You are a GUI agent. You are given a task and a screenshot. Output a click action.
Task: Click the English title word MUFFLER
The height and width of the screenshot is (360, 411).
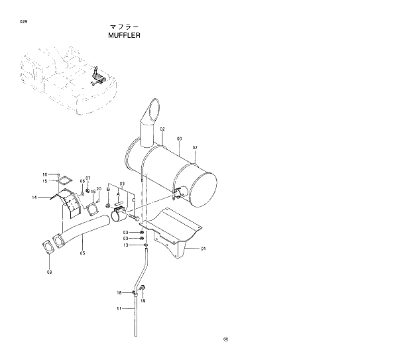pyautogui.click(x=124, y=36)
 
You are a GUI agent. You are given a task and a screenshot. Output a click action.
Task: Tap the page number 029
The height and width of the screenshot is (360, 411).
pyautogui.click(x=24, y=22)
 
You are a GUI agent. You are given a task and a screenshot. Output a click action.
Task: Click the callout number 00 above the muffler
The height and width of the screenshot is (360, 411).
pyautogui.click(x=179, y=139)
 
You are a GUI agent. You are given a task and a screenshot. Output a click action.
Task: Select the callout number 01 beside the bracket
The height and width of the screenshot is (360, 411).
pyautogui.click(x=204, y=249)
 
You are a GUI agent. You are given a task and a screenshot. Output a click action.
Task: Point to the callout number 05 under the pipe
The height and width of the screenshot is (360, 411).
pyautogui.click(x=82, y=252)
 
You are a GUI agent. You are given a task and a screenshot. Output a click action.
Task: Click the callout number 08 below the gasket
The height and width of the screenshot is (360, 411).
pyautogui.click(x=49, y=272)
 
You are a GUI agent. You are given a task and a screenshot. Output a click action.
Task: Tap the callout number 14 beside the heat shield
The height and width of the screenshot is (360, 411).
pyautogui.click(x=34, y=197)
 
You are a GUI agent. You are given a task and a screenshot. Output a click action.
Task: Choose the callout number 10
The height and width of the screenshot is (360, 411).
pyautogui.click(x=45, y=174)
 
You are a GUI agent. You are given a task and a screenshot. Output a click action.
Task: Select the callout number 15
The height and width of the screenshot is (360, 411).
pyautogui.click(x=45, y=181)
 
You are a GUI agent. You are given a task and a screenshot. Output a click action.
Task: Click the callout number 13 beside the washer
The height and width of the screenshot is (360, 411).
pyautogui.click(x=125, y=245)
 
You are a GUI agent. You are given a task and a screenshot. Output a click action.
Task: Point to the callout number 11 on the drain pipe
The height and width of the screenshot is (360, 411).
pyautogui.click(x=118, y=308)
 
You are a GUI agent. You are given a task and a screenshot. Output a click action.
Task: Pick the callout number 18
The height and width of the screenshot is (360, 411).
pyautogui.click(x=119, y=292)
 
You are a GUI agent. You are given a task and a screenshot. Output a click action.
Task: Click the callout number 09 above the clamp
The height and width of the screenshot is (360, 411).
pyautogui.click(x=122, y=184)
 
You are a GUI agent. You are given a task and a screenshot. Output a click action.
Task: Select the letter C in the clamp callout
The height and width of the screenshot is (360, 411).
pyautogui.click(x=133, y=200)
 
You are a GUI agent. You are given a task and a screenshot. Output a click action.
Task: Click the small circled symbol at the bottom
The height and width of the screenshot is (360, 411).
pyautogui.click(x=225, y=340)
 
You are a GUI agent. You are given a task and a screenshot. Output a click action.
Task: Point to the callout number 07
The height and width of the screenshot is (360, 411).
pyautogui.click(x=88, y=178)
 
